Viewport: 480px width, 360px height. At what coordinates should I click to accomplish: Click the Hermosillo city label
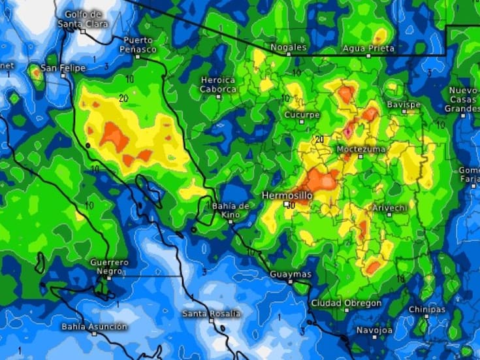287,195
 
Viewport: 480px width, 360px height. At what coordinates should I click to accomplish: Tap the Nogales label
289,48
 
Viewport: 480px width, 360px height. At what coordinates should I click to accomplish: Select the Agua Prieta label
368,48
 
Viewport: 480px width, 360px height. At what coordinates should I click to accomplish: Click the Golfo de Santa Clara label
83,19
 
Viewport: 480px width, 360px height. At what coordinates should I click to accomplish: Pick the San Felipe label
63,68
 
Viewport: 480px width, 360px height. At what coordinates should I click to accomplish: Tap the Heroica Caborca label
218,84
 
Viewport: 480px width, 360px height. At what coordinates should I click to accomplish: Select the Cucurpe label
302,114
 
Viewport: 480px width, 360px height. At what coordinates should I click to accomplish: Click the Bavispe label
404,105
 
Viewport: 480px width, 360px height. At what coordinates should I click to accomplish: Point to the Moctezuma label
361,150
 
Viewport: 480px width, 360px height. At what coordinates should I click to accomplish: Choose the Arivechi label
389,207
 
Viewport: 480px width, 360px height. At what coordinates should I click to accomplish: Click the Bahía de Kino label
231,210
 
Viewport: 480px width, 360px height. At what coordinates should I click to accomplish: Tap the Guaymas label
291,274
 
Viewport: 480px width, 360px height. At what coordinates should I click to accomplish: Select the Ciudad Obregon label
346,303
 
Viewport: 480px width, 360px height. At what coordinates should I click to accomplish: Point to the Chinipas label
427,309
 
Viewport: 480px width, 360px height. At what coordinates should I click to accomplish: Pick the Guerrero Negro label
109,267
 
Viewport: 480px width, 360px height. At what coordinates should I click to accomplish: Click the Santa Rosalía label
211,314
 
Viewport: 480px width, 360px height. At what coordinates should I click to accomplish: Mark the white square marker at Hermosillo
286,204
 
